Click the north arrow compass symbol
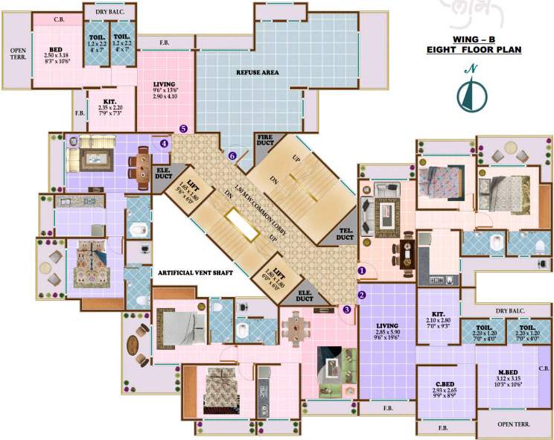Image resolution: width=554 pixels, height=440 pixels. [471, 90]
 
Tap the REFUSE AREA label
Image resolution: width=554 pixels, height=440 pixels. [257, 72]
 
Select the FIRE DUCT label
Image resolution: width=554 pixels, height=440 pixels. [265, 141]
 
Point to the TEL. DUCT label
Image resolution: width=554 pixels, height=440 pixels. [344, 233]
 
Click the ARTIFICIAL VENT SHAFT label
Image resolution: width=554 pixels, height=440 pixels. [196, 273]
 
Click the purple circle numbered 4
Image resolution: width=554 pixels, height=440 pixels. [165, 143]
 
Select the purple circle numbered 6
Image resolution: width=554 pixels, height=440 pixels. [232, 156]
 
